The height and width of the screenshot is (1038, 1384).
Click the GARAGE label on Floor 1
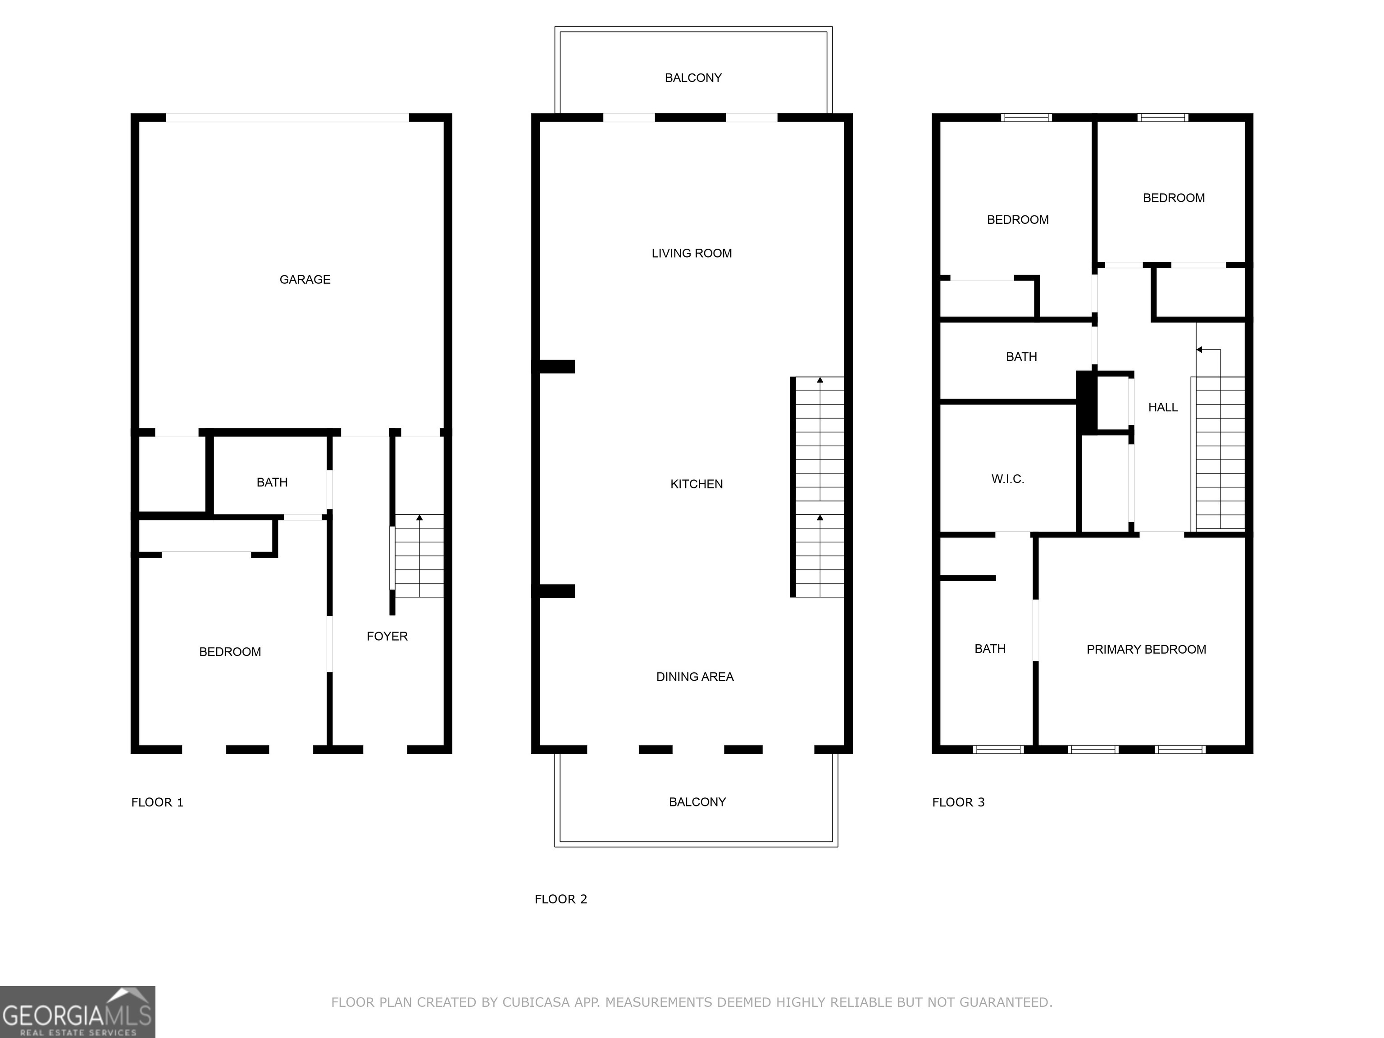pos(305,280)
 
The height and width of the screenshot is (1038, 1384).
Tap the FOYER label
pos(387,636)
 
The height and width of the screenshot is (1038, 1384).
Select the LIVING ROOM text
pos(692,253)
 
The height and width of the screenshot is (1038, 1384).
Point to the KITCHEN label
pos(697,484)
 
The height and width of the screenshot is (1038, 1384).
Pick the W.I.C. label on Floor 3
pos(1007,479)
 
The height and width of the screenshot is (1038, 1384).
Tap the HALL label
pos(1162,407)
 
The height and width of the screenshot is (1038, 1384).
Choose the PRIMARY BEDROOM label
pos(1146,650)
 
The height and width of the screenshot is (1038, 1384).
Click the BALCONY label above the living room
pos(693,78)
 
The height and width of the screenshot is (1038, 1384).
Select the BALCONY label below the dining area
pos(697,802)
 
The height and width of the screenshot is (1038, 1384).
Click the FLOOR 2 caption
pos(560,899)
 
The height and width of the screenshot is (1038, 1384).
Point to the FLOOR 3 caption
pos(958,802)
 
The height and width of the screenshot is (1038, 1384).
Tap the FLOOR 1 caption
pos(157,802)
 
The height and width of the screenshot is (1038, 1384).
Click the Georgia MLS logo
pos(77,1012)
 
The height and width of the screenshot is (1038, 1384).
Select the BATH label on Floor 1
pos(272,483)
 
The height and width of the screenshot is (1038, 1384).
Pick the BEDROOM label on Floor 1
pos(230,652)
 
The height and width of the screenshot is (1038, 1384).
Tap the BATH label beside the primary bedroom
pos(990,649)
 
